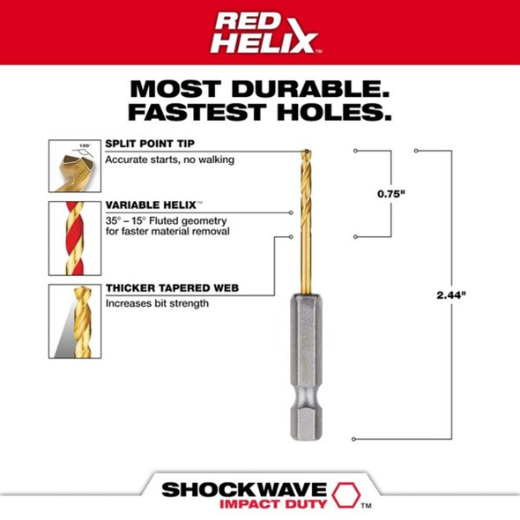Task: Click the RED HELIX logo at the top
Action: pyautogui.click(x=259, y=33)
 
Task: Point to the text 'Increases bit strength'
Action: pyautogui.click(x=157, y=303)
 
